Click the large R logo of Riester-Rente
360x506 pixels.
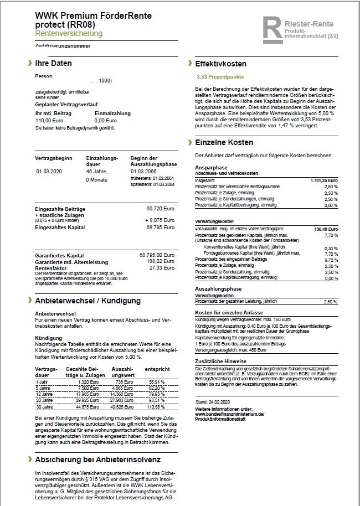[x=274, y=29]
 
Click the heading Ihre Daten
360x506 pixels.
[x=53, y=64]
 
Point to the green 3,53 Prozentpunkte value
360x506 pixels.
[x=220, y=77]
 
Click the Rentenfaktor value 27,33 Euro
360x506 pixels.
[x=162, y=267]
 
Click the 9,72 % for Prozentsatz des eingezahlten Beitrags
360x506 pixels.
[x=331, y=259]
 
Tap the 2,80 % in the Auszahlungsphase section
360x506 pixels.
[x=331, y=301]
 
